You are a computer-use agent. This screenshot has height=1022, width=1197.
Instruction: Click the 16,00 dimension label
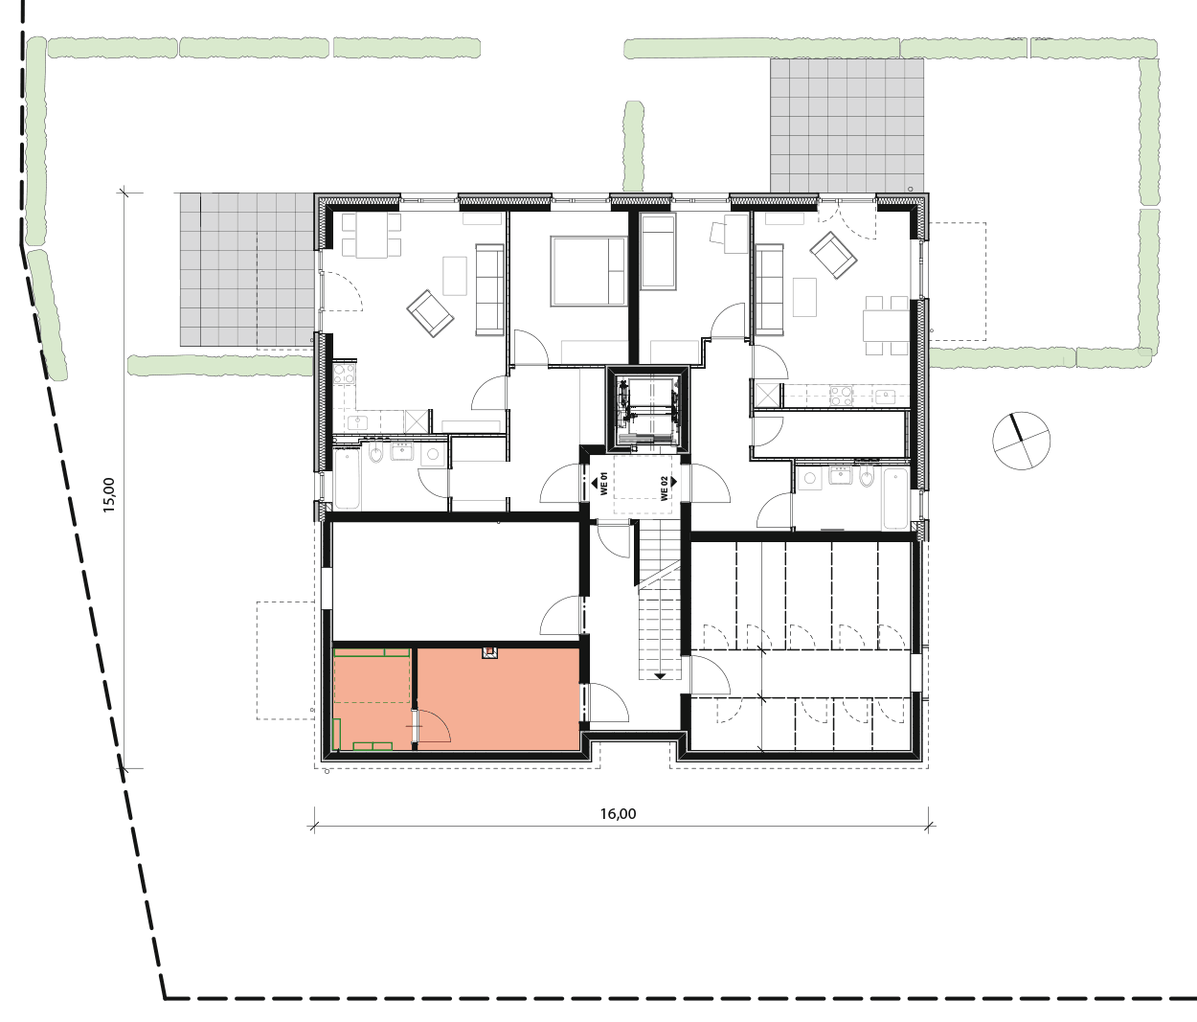618,813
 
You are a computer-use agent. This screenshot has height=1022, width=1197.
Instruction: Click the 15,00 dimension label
109,494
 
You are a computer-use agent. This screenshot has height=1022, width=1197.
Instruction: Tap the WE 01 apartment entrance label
602,484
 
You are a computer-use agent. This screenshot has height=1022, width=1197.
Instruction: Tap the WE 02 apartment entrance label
665,488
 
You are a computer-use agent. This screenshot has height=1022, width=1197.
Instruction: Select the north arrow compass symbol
1021,441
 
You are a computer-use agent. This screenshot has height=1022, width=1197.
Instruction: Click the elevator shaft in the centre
647,410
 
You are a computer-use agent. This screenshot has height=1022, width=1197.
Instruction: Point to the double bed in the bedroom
589,270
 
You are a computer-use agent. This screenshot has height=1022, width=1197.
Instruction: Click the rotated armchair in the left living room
430,313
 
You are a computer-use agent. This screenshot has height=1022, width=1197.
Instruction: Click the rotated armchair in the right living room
833,255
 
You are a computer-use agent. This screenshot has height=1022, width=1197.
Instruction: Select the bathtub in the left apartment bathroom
347,480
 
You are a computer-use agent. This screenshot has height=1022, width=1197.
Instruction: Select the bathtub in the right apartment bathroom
896,498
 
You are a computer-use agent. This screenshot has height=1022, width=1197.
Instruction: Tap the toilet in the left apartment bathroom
375,453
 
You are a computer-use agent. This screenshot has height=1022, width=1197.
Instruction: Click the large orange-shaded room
498,699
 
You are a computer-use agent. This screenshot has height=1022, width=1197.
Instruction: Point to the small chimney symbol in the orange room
490,653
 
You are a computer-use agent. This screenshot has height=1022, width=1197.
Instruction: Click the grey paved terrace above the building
847,125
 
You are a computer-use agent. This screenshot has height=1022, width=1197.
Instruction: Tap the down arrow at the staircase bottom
660,675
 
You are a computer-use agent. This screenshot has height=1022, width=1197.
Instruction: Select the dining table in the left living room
372,236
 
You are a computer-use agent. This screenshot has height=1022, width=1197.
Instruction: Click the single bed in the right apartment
659,251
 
